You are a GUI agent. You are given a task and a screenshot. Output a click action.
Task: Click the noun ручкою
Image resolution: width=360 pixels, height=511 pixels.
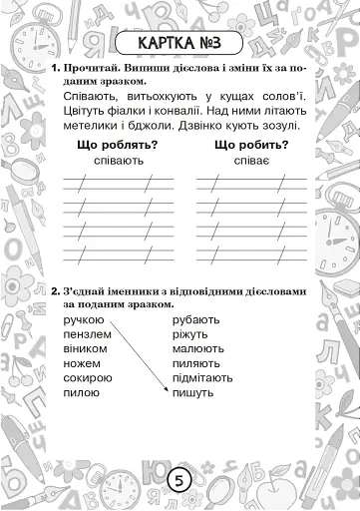coord(83,319)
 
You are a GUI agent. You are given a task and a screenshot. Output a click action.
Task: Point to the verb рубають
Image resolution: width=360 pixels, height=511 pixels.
coord(196,319)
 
